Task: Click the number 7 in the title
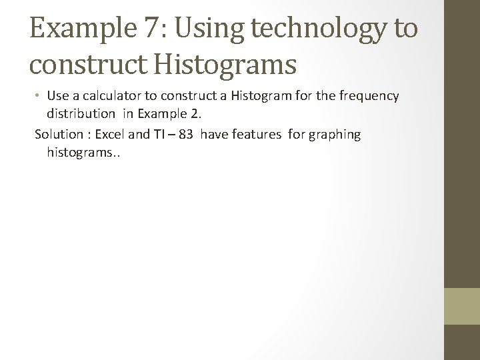click(149, 30)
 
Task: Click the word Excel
click(111, 135)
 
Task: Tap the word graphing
click(334, 135)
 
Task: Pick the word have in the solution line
click(213, 135)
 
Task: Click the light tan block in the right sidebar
click(462, 306)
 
